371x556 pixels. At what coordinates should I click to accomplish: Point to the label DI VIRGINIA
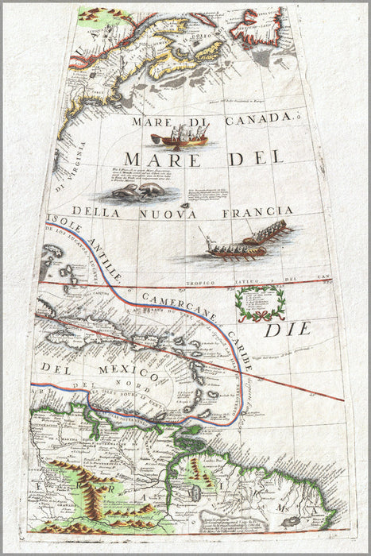pyautogui.click(x=83, y=165)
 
